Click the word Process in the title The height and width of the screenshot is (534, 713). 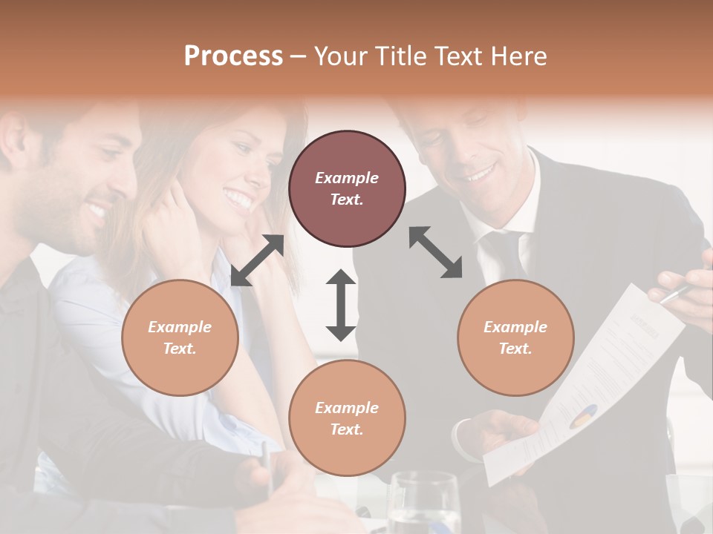pos(233,56)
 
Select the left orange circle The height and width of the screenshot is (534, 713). pos(180,337)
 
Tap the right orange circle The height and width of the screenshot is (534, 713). pos(515,337)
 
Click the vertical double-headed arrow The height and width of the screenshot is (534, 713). pos(341,305)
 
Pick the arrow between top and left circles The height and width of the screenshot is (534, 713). pos(258,260)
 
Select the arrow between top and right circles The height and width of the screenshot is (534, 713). pos(435,252)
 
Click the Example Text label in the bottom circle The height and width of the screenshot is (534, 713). pos(347,418)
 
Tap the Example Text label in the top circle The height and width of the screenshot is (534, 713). pos(347,188)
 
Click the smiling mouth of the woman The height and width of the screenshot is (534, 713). pos(238,199)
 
